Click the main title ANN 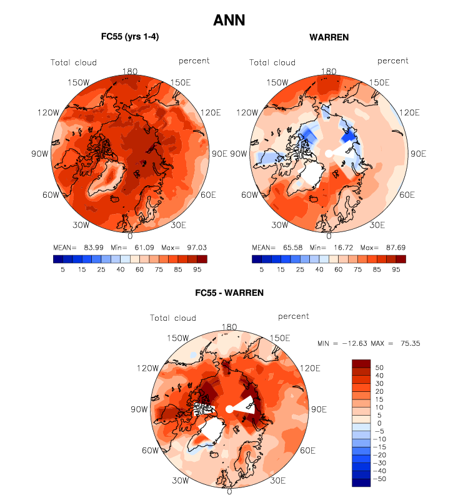(229, 20)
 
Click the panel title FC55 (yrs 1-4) (130, 37)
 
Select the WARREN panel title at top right (329, 37)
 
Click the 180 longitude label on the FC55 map (131, 72)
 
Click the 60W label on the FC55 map (51, 195)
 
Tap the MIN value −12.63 (356, 343)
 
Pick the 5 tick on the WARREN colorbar (262, 269)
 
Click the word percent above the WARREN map (392, 61)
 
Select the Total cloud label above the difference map (173, 318)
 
